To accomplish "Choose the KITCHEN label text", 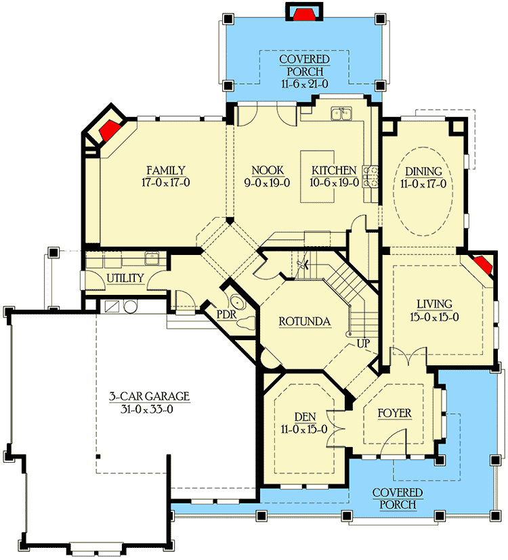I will pos(334,170).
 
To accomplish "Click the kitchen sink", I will pos(342,114).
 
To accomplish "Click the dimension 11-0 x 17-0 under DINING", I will pos(423,183).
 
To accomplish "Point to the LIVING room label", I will pos(434,304).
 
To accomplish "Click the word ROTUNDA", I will pos(305,323).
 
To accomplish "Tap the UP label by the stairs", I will pos(363,344).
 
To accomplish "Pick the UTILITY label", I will pos(125,278).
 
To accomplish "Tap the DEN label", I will pos(301,417).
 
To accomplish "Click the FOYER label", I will pos(394,413).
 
